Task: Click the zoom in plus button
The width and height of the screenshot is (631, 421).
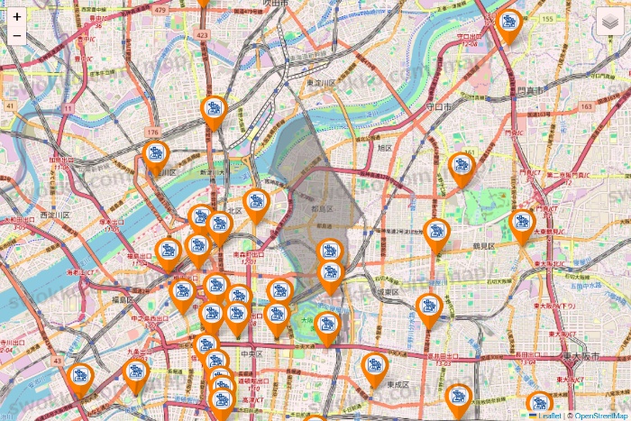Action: pyautogui.click(x=17, y=16)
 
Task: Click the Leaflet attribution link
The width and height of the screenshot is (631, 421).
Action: pyautogui.click(x=549, y=416)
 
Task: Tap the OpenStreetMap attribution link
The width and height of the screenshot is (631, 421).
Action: pyautogui.click(x=598, y=416)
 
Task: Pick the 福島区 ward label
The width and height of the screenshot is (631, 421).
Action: pyautogui.click(x=123, y=298)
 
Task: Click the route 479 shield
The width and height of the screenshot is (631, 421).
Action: pyautogui.click(x=161, y=10)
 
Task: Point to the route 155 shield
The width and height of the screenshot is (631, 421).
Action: pyautogui.click(x=547, y=19)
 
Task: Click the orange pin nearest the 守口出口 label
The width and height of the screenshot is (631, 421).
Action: pyautogui.click(x=509, y=26)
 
